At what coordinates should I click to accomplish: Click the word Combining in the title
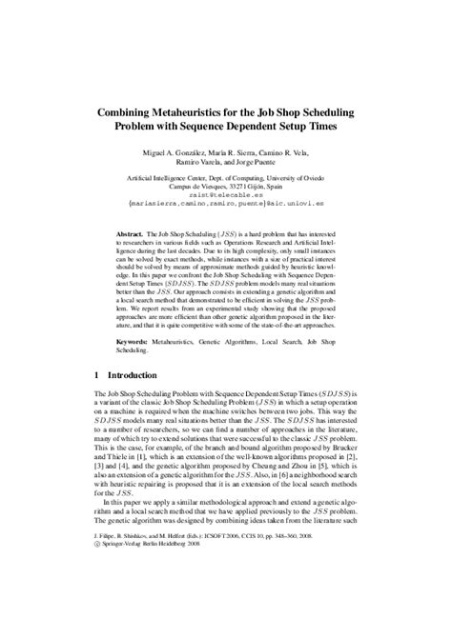point(131,110)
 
